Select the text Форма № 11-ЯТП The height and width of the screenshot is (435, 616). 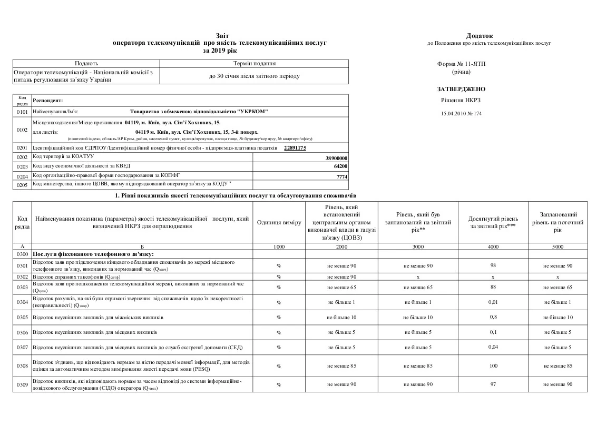click(461, 64)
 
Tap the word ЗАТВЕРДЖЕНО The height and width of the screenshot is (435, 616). click(461, 89)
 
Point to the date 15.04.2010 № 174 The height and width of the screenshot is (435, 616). click(461, 113)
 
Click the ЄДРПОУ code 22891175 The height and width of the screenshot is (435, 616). click(295, 149)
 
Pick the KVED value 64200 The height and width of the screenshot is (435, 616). click(341, 166)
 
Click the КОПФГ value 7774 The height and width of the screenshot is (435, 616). click(342, 176)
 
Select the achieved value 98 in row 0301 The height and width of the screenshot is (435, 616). click(493, 265)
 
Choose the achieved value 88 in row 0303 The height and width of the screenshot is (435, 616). click(493, 287)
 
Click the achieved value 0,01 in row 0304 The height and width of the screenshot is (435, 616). click(493, 302)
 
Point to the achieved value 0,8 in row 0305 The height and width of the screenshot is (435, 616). click(493, 317)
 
